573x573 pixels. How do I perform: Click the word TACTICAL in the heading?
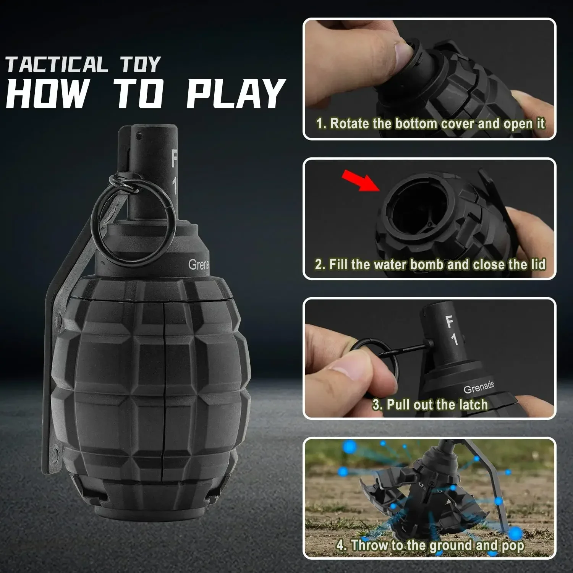pos(57,64)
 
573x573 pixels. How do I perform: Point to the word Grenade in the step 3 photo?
pos(479,387)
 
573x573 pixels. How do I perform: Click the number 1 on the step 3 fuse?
pos(454,339)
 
